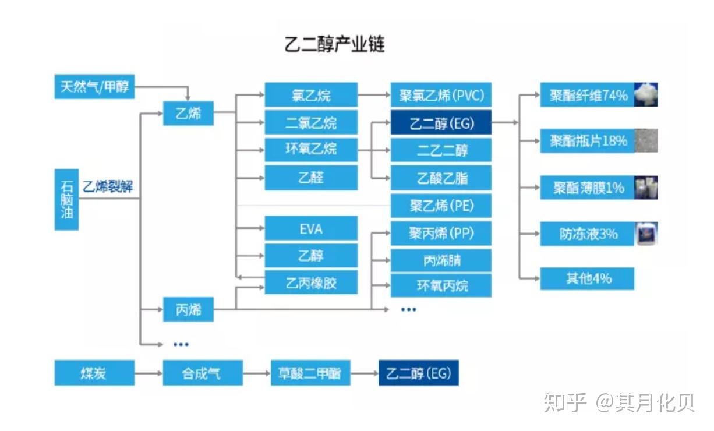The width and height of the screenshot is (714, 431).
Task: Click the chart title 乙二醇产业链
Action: point(334,44)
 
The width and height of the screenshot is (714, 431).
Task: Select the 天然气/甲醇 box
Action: point(94,87)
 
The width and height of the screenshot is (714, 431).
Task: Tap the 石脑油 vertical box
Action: point(66,199)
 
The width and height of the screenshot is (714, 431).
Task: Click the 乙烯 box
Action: point(188,113)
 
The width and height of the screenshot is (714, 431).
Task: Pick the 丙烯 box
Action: point(188,310)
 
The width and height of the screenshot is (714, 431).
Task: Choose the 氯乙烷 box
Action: point(311,95)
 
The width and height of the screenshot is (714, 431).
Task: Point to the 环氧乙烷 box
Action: point(311,149)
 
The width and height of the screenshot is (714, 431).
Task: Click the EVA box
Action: point(311,229)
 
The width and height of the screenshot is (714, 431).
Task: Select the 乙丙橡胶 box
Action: point(311,283)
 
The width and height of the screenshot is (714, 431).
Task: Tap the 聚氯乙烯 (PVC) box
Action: point(441,95)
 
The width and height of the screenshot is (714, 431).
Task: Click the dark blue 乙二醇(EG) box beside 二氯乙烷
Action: point(441,123)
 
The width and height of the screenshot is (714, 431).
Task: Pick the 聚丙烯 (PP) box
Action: point(441,234)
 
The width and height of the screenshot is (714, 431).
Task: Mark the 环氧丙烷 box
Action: point(441,285)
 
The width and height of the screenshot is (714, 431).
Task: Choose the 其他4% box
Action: point(587,278)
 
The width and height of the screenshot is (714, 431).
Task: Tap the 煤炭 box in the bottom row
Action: point(94,373)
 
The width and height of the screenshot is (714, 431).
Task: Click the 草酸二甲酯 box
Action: point(310,373)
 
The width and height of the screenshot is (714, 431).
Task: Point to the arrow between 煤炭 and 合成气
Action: point(149,373)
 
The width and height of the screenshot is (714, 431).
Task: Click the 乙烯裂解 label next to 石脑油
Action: point(108,187)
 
